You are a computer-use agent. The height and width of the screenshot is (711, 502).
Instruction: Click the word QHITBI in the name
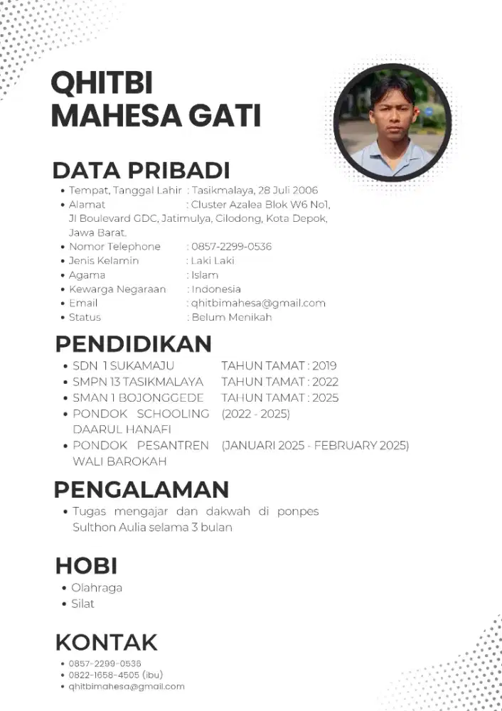click(x=102, y=84)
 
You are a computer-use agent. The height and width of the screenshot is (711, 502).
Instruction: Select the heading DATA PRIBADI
click(x=141, y=171)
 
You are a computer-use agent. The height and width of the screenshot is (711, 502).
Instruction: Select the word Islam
click(x=205, y=275)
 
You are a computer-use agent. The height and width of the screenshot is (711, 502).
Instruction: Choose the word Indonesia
click(x=216, y=289)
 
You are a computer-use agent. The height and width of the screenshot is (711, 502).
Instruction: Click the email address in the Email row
click(x=258, y=303)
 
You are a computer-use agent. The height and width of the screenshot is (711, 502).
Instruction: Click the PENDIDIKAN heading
click(x=134, y=344)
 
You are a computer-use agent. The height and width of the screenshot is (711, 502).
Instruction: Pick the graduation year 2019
click(x=324, y=366)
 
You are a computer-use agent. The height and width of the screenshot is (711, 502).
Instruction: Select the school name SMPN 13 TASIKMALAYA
click(x=138, y=382)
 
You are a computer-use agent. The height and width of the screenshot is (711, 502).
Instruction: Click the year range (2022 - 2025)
click(x=256, y=414)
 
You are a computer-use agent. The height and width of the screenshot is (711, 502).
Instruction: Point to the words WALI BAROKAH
click(x=119, y=461)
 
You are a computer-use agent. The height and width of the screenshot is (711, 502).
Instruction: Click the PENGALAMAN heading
click(x=141, y=490)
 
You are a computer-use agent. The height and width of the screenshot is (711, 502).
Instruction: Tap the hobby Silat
click(x=82, y=604)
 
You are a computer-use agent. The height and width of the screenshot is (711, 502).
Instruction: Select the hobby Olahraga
click(x=97, y=588)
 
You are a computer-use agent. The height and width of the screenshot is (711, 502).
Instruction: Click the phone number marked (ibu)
click(x=104, y=675)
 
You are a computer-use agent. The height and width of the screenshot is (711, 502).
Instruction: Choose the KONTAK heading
click(x=106, y=643)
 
